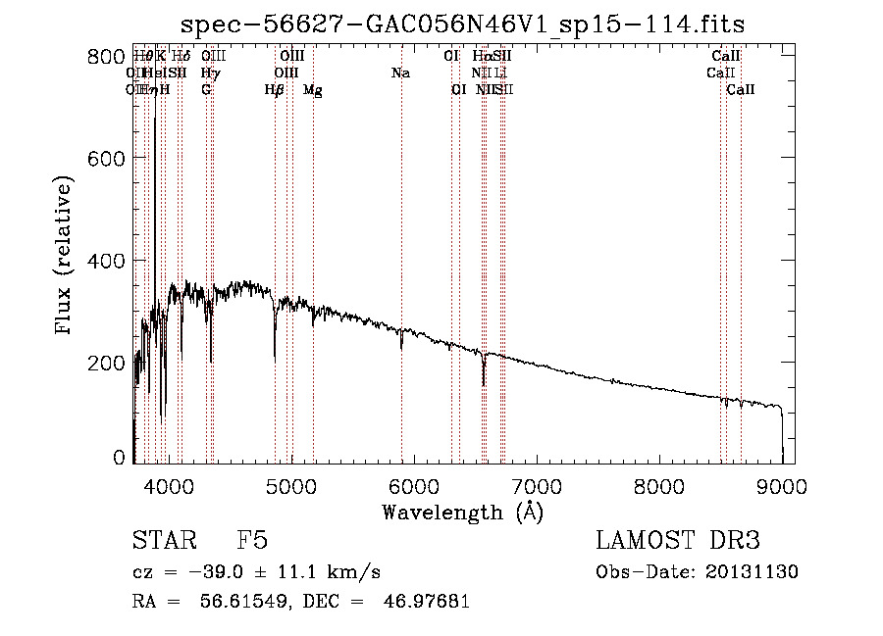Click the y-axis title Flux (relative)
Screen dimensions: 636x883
point(65,257)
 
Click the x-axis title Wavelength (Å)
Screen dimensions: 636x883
point(462,512)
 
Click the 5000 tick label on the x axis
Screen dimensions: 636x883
point(290,485)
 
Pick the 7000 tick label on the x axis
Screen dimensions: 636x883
point(537,485)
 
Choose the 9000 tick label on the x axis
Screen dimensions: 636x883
point(782,485)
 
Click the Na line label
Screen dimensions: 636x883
point(400,73)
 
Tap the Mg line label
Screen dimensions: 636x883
point(312,90)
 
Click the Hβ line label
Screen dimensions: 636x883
point(275,90)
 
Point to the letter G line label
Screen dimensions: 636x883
point(206,90)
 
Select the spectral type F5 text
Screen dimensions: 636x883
point(252,542)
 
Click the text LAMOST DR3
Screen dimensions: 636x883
point(678,542)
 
